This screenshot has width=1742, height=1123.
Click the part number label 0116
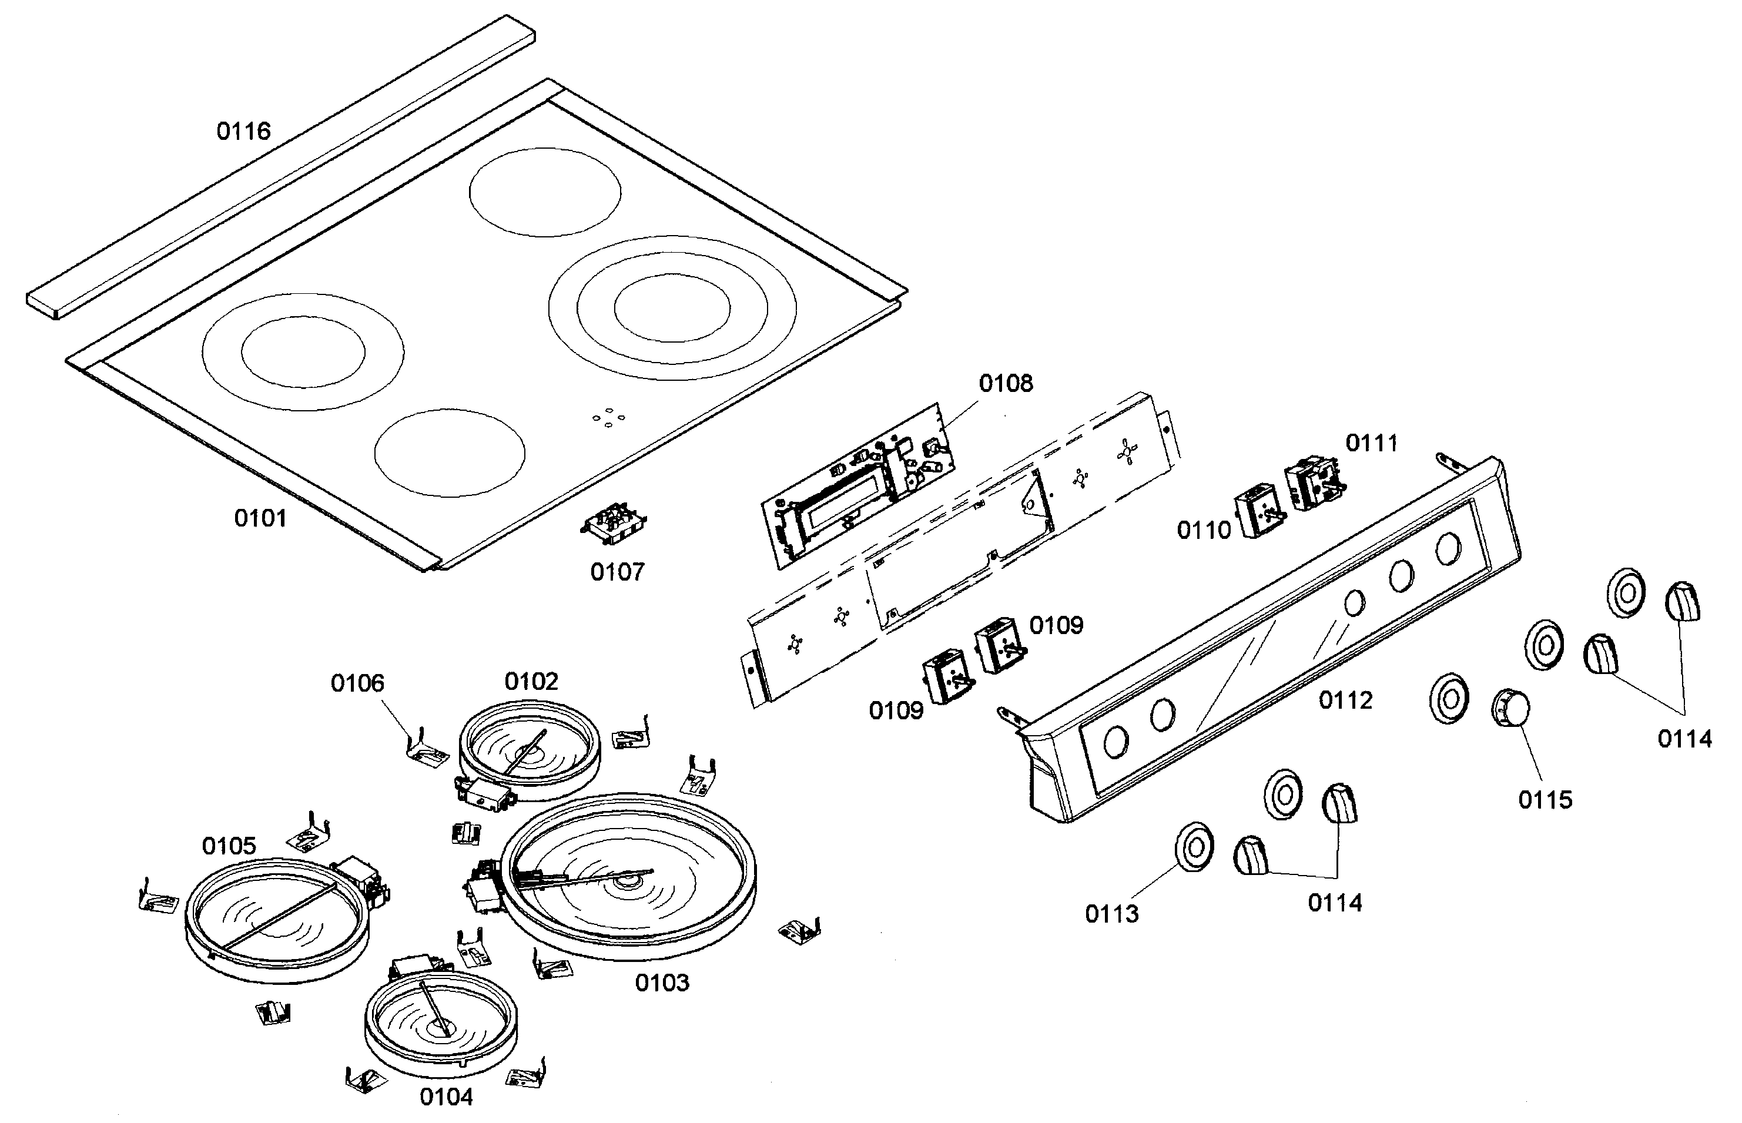[x=243, y=131]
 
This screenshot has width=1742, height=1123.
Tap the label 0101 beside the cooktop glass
[x=260, y=518]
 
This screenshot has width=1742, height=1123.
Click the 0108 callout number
[x=1006, y=384]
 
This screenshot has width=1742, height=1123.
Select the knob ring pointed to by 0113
[x=1194, y=848]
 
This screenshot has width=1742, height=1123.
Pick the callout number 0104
[x=446, y=1097]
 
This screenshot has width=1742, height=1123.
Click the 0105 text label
[x=229, y=846]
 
